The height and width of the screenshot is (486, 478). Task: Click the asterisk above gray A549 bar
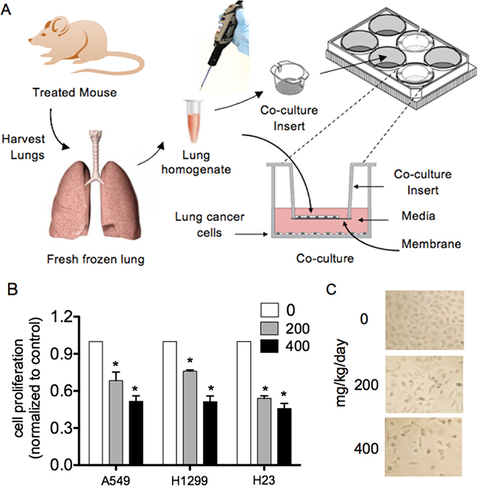pos(114,365)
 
